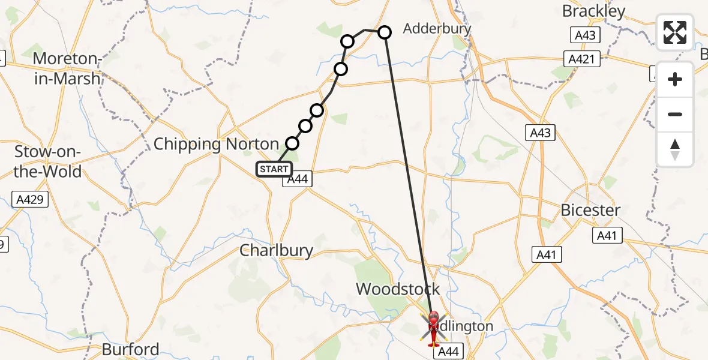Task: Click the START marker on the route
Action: coord(274,169)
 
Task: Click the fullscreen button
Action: coord(675,32)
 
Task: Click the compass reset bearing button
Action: coord(675,149)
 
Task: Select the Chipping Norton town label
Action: coord(216,145)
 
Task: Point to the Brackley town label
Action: coord(593,11)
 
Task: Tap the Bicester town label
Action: coord(590,210)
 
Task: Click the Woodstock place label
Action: coord(398,289)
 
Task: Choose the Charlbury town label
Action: coord(276,250)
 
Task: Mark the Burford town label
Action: coord(131,349)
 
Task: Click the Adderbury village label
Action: coord(437,28)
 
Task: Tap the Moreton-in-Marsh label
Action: coord(66,68)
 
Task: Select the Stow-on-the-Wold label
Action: coord(47,161)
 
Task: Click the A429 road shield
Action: coord(30,199)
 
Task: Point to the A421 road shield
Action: coord(582,59)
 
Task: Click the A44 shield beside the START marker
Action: coord(298,179)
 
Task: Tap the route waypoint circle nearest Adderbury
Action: coord(384,32)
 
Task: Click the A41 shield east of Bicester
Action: coord(607,236)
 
